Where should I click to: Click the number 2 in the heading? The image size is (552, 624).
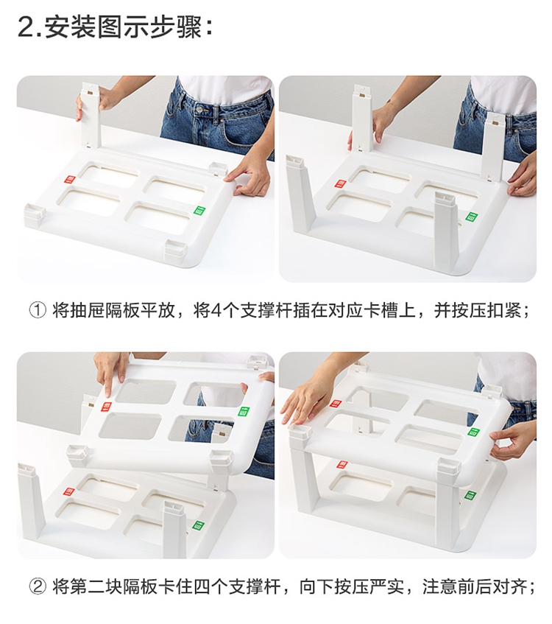[x=26, y=27]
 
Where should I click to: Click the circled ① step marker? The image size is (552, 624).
[x=38, y=310]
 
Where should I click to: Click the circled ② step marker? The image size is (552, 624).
[x=38, y=587]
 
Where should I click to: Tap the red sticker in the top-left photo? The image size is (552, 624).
[x=70, y=180]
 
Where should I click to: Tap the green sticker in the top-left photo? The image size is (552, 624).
[x=199, y=211]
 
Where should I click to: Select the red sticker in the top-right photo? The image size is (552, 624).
[x=341, y=184]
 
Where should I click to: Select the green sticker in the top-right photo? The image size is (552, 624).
[x=472, y=217]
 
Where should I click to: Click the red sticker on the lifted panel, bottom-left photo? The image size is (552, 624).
[x=107, y=407]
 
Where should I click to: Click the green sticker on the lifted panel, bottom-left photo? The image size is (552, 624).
[x=243, y=412]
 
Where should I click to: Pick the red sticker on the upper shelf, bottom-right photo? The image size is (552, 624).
[x=336, y=404]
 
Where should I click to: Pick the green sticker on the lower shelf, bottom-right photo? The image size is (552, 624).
[x=471, y=496]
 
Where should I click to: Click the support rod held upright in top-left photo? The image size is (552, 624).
[x=91, y=115]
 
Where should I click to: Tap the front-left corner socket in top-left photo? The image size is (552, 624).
[x=35, y=214]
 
